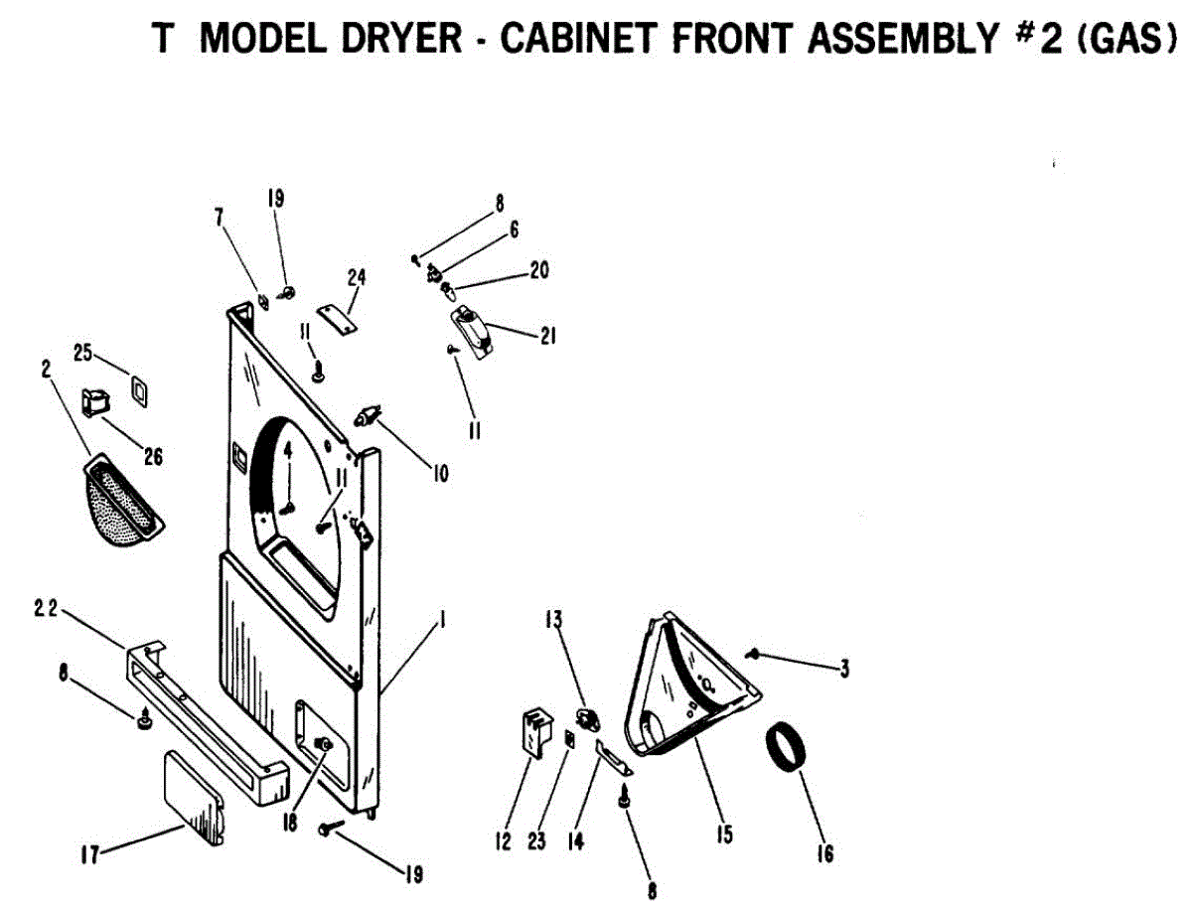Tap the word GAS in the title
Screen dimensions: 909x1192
1117,38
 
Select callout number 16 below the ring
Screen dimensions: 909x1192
824,852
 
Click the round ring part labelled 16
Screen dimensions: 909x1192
786,748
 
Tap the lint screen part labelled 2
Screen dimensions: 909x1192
118,502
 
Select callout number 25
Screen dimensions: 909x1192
82,353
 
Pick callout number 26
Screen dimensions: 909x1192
152,457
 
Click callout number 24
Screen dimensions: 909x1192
357,276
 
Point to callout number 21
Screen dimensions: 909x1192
546,337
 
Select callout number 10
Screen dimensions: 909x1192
439,474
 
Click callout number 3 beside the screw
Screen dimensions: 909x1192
843,670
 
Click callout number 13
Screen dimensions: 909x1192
552,621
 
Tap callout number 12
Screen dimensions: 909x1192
504,842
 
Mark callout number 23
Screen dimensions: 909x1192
536,842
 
